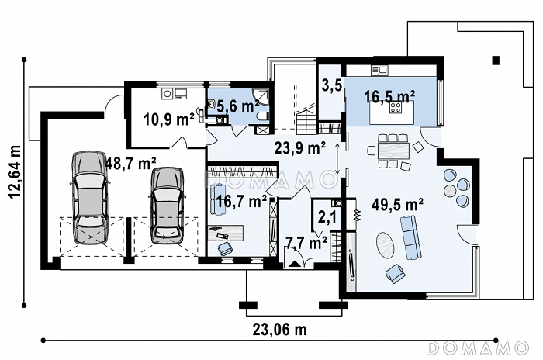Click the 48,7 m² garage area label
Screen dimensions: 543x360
(130, 163)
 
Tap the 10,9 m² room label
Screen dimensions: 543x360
(168, 120)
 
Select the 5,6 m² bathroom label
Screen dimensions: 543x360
(237, 106)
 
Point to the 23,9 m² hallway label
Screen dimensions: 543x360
(299, 148)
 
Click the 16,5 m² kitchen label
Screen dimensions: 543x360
(389, 96)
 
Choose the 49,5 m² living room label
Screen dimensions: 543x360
(397, 204)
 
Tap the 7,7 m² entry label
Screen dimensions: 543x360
(306, 243)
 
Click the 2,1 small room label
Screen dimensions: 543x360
(327, 217)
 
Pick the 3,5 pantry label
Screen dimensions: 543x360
(332, 85)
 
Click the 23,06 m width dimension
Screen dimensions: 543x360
(279, 330)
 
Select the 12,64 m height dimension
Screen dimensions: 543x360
(16, 171)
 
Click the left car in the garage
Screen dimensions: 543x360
(89, 198)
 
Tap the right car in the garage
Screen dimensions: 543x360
(167, 206)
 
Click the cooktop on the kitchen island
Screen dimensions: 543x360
(396, 107)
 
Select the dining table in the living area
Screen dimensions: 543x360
(393, 151)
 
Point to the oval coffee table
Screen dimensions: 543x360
(385, 244)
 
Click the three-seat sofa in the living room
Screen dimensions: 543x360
(411, 237)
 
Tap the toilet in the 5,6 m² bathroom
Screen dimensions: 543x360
(264, 117)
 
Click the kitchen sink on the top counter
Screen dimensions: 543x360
(380, 71)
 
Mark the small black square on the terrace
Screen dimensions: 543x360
(496, 61)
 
